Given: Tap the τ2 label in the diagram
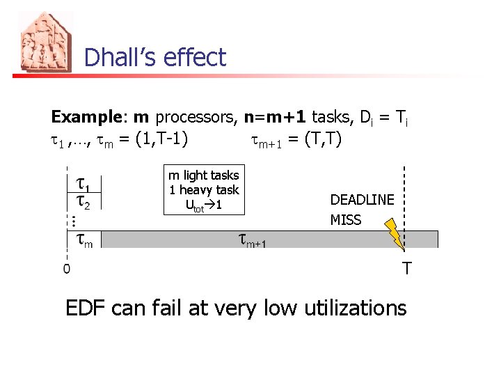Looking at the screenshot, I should coord(83,202).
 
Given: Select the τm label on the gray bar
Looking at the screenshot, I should coord(84,240).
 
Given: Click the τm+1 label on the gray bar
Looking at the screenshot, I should coord(253,241).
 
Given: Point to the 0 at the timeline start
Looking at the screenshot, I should coord(66,267).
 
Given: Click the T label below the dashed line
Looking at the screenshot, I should coord(407,268).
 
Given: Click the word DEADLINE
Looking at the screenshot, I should coord(362,200).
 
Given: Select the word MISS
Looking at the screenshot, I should coord(346,220).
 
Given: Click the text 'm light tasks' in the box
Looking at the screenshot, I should coord(203,175).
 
